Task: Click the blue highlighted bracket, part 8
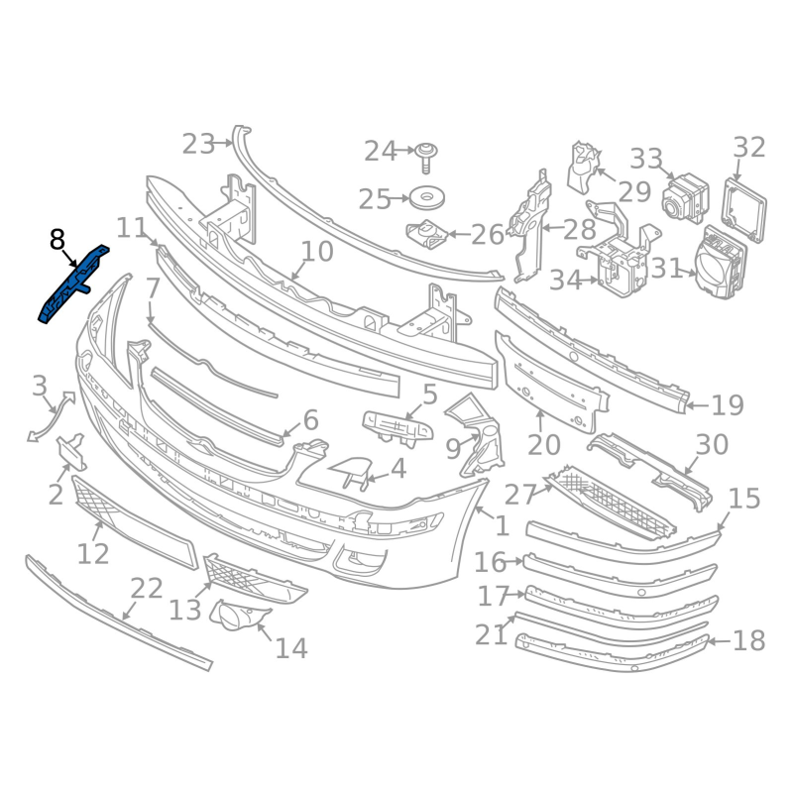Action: click(x=75, y=284)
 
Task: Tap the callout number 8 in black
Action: click(x=57, y=240)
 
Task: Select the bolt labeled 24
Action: click(x=426, y=158)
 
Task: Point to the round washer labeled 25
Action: click(x=426, y=197)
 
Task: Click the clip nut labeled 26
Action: click(x=427, y=235)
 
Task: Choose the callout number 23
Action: click(x=199, y=144)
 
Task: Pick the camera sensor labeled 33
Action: click(x=685, y=199)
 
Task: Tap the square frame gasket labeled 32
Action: click(x=745, y=210)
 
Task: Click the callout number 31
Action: click(x=666, y=268)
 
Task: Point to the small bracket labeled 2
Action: click(x=71, y=452)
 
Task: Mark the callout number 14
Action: click(x=291, y=648)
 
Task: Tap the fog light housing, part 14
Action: click(x=239, y=614)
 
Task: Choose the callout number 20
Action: click(x=544, y=445)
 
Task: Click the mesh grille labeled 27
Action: click(x=613, y=504)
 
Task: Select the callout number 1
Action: click(x=502, y=526)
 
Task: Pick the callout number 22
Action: click(x=147, y=589)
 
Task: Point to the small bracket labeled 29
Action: click(x=585, y=168)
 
